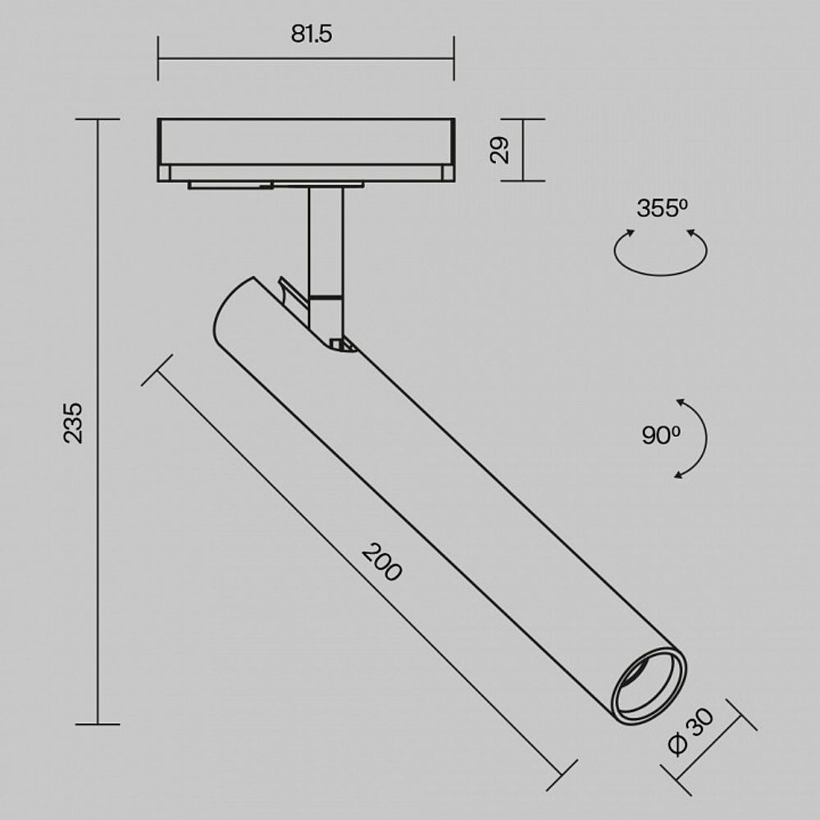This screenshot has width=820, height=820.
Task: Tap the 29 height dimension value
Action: pyautogui.click(x=501, y=150)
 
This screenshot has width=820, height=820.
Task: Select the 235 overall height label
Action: pyautogui.click(x=74, y=422)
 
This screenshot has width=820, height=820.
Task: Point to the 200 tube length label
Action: pyautogui.click(x=383, y=563)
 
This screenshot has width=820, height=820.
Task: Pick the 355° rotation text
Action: pyautogui.click(x=661, y=208)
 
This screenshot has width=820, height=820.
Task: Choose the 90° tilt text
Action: pyautogui.click(x=661, y=435)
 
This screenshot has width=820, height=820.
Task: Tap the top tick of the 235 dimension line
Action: pyautogui.click(x=98, y=120)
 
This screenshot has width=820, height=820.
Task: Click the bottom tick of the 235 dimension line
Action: pyautogui.click(x=98, y=724)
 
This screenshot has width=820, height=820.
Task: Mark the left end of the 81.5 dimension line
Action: pyautogui.click(x=158, y=58)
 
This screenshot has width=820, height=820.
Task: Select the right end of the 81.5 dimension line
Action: pyautogui.click(x=453, y=58)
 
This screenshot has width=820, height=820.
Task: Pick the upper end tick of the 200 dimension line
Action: pyautogui.click(x=157, y=371)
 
